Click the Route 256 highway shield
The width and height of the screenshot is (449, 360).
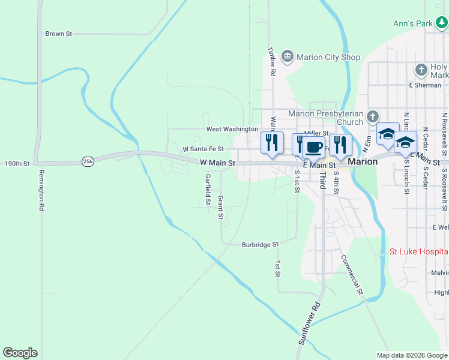click(x=88, y=161)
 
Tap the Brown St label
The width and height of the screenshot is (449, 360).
click(x=58, y=34)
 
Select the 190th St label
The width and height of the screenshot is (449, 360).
click(x=17, y=163)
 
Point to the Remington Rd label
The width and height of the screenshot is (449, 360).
click(x=42, y=190)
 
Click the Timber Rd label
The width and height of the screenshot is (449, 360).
click(x=271, y=61)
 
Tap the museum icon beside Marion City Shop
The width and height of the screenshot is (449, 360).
click(x=287, y=57)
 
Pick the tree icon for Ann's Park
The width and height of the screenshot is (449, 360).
click(x=441, y=23)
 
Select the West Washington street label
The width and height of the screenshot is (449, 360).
click(x=232, y=129)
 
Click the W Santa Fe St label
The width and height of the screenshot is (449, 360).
click(x=203, y=149)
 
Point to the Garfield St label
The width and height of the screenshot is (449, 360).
click(x=208, y=189)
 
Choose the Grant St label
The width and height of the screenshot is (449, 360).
click(x=221, y=206)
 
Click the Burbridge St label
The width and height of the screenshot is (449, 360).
click(x=260, y=245)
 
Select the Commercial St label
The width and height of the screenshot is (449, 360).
click(x=352, y=275)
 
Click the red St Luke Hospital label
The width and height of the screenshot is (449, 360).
click(x=418, y=252)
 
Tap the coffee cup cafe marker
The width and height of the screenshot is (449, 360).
click(x=313, y=146)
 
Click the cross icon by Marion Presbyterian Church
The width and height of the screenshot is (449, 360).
click(x=373, y=116)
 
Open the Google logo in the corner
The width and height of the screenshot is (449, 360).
click(x=20, y=353)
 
